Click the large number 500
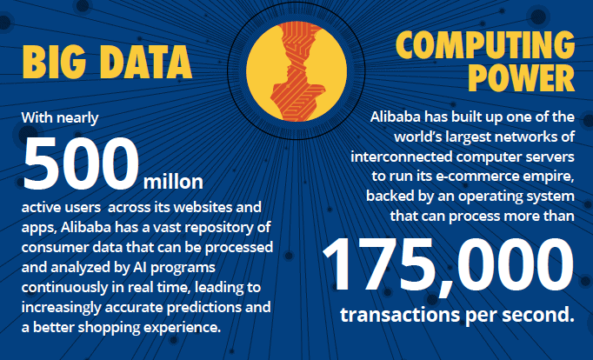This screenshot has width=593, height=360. (x=82, y=164)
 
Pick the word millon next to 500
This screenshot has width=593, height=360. (x=172, y=183)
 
